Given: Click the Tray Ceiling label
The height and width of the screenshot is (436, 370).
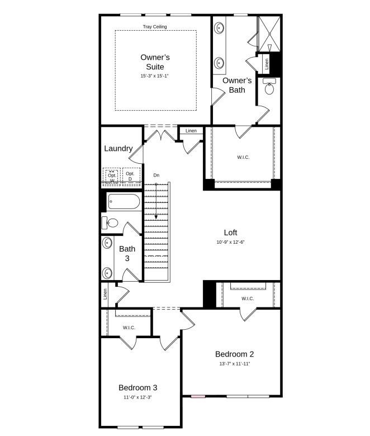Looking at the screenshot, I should tap(155, 27).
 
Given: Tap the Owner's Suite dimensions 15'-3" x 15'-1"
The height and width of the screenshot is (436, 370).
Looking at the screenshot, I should tap(154, 75).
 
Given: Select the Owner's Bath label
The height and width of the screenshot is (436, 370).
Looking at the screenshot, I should tap(237, 85).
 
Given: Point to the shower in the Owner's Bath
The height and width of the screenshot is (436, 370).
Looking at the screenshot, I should tap(268, 34).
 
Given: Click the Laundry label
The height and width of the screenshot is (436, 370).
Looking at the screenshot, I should tap(118, 149).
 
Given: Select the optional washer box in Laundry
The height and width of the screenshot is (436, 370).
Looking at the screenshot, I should tap(112, 177).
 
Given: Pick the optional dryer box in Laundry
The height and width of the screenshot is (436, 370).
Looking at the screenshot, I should tap(131, 176).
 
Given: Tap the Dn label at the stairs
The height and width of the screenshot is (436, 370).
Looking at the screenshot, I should tap(156, 176).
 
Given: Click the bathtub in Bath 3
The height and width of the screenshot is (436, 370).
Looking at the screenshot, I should tap(125, 202).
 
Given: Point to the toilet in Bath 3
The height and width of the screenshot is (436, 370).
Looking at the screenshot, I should tap(110, 223).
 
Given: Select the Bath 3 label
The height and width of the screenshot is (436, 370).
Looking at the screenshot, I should tap(127, 253).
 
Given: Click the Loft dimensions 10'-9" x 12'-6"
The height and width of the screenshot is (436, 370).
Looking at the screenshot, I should tap(230, 243).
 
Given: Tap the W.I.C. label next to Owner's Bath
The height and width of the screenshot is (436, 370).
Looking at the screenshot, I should tap(243, 158).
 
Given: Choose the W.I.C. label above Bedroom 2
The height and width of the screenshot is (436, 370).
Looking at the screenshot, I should tap(248, 298).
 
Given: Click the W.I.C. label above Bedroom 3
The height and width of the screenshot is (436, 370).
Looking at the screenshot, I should tap(129, 328).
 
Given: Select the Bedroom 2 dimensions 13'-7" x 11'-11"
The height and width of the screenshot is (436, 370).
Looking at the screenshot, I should tap(235, 363).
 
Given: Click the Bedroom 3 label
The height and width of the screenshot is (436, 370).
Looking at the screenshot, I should tap(137, 387).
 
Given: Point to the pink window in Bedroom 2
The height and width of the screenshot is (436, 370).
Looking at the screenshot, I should tap(198, 396).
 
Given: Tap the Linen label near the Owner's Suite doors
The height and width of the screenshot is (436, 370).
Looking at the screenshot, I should tap(191, 131).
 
